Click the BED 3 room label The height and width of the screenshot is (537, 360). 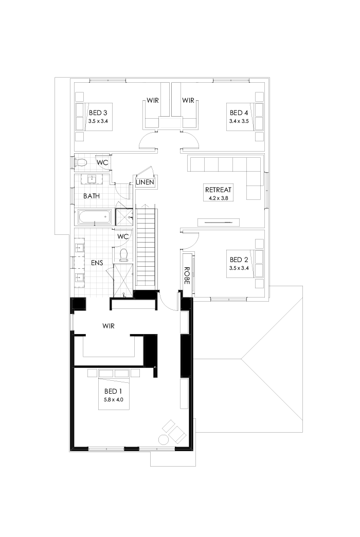pos(98,113)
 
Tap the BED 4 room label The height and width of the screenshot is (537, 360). pos(239,113)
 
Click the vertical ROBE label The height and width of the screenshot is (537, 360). pos(187,275)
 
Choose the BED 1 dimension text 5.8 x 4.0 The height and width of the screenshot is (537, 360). pos(113,399)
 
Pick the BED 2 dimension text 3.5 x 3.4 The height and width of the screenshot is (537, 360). pos(239,268)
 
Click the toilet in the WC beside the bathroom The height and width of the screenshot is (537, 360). pos(81,162)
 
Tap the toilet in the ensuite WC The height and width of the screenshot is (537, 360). pos(122,254)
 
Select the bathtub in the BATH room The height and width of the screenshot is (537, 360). pos(94,217)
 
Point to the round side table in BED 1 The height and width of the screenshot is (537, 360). pos(164,440)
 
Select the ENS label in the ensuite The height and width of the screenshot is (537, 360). pos(97,263)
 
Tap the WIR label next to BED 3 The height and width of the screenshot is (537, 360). pos(152,100)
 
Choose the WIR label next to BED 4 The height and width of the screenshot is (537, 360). pos(188,100)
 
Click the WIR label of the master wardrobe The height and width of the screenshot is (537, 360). pos(108,326)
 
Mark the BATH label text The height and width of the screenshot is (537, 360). pos(92,196)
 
